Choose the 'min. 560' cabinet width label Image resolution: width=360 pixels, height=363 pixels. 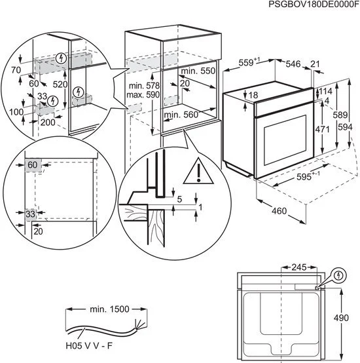point(181,115)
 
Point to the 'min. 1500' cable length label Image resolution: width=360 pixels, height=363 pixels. point(109,308)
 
